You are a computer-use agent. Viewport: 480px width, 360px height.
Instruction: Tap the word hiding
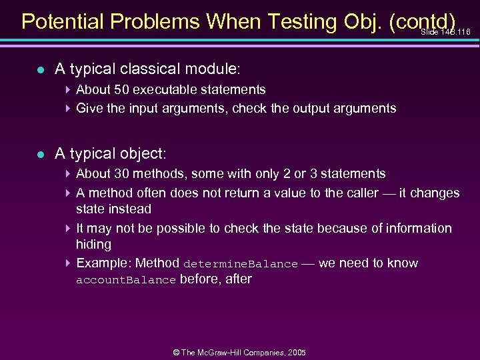pyautogui.click(x=93, y=244)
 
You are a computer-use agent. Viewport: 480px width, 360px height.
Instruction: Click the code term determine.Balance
pyautogui.click(x=240, y=264)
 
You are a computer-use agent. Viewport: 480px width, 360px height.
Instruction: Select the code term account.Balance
pyautogui.click(x=126, y=280)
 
